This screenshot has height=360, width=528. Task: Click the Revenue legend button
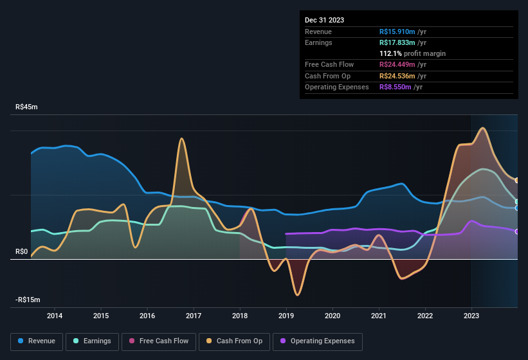coord(37,341)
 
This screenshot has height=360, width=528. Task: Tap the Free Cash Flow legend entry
coord(158,341)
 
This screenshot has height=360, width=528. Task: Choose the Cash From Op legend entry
coord(234,341)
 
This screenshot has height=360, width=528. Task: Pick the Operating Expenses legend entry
coord(318,341)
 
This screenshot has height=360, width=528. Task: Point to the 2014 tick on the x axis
coord(55,316)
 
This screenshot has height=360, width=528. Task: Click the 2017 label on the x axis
coord(194,316)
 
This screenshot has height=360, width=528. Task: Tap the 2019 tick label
coord(286,316)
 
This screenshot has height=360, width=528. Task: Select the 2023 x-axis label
coord(471,316)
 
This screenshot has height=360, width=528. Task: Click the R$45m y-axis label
coord(26,107)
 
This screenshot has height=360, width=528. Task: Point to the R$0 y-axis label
coord(22,251)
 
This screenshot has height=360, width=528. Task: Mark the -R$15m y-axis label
coord(28,300)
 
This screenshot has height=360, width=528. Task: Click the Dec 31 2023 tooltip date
coord(324,20)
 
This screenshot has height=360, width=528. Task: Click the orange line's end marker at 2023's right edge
coord(517,180)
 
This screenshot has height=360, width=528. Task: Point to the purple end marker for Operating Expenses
coord(517,231)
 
